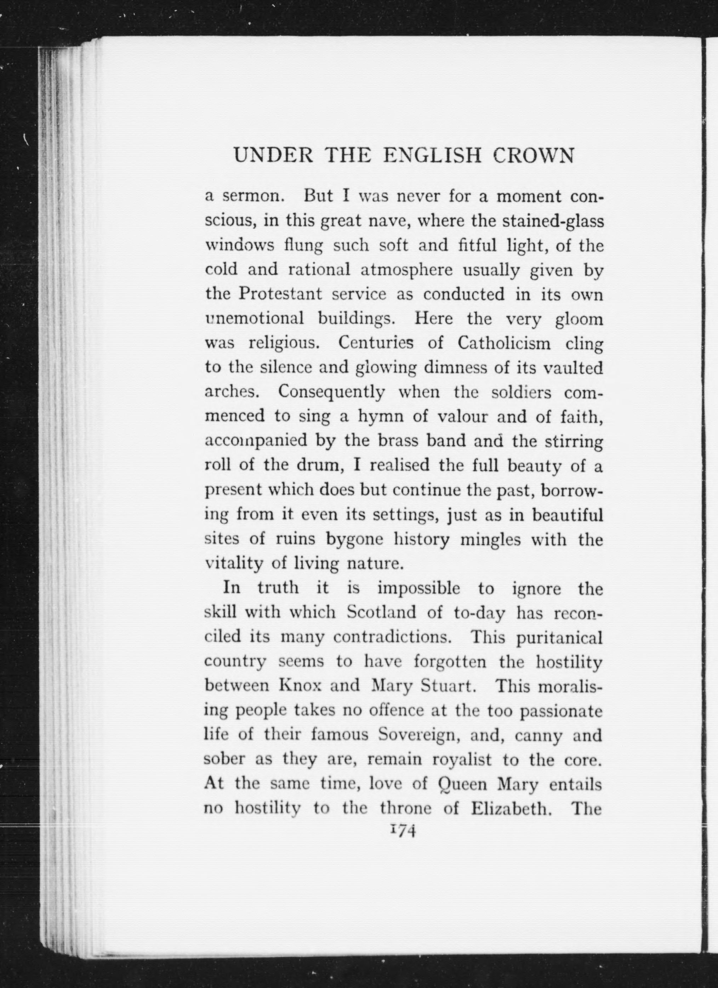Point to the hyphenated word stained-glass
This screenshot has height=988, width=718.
pos(553,221)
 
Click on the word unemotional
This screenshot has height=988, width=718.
pos(254,319)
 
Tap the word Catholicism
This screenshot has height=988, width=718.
pos(505,344)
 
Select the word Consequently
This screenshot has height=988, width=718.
pos(331,392)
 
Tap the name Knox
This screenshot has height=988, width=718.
pos(300,686)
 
